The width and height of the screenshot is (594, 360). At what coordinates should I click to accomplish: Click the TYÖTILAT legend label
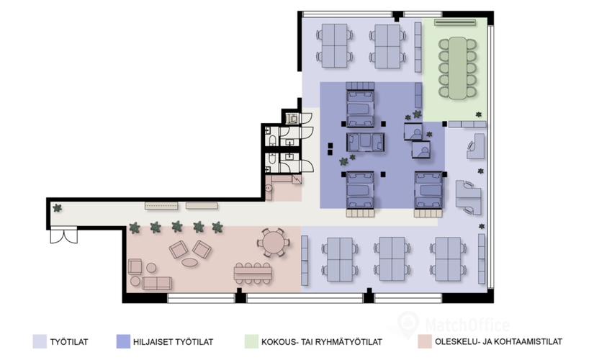69,342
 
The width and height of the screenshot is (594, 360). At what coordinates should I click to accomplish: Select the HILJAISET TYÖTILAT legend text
173,342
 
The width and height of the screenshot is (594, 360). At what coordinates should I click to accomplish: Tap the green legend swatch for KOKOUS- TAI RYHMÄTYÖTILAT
251,341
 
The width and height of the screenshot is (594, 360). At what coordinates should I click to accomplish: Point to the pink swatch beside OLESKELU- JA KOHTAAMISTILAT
425,341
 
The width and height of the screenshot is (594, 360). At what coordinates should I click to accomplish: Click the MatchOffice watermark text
467,325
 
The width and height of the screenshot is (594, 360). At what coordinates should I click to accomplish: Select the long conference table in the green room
458,68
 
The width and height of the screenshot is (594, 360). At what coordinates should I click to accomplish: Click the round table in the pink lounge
273,243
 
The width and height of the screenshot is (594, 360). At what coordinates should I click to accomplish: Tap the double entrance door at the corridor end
63,235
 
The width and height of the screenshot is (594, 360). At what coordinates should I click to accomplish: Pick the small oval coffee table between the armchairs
190,262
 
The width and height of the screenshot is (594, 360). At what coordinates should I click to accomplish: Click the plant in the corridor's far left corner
57,208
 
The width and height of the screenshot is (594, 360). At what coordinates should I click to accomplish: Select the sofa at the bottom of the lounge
157,283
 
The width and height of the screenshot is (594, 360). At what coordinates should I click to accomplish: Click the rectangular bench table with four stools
253,273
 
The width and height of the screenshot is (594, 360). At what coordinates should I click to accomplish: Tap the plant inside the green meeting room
479,114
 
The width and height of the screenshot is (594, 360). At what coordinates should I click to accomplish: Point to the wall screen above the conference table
454,23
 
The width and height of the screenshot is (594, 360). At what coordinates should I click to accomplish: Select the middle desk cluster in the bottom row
392,259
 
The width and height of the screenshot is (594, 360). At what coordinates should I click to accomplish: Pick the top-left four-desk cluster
335,46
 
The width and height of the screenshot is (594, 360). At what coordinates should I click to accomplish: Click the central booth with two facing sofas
366,142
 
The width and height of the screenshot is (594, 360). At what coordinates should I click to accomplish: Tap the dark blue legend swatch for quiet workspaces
123,341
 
